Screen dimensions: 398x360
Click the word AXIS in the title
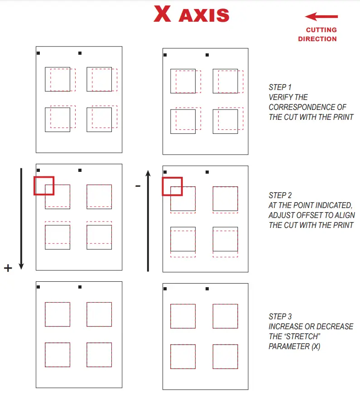click(204, 15)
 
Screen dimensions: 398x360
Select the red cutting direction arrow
click(321, 17)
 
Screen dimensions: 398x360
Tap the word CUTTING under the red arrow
click(321, 30)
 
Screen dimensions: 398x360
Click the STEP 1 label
click(280, 87)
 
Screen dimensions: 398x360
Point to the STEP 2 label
click(280, 195)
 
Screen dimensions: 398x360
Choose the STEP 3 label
click(280, 317)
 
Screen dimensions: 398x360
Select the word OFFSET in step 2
click(309, 215)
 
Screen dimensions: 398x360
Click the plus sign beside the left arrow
click(8, 268)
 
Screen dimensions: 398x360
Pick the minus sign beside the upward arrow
click(138, 186)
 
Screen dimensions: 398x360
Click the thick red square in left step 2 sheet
click(44, 186)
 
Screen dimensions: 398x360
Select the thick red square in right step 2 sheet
click(172, 186)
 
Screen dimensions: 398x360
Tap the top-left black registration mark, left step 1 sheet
click(38, 53)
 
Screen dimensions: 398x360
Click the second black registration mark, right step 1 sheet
click(207, 55)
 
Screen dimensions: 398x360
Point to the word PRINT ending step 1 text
click(343, 117)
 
